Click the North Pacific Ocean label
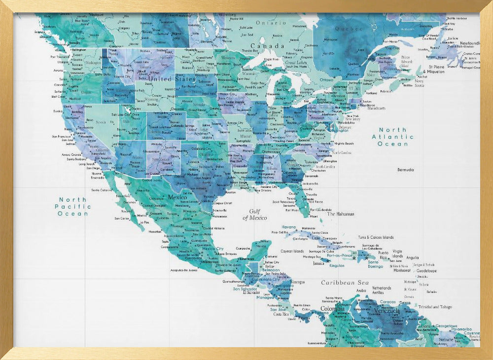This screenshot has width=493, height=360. pyautogui.click(x=73, y=207)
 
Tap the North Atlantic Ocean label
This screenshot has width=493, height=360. pyautogui.click(x=392, y=137)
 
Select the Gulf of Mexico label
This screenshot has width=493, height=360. pyautogui.click(x=255, y=214)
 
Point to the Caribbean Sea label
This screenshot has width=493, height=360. pyautogui.click(x=345, y=283)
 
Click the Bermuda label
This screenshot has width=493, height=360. pyautogui.click(x=406, y=170)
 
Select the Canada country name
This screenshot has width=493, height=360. pyautogui.click(x=271, y=46)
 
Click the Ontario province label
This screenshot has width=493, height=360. pyautogui.click(x=271, y=23)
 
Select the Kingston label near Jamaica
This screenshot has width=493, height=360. pyautogui.click(x=337, y=266)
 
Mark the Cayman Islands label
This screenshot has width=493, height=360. pyautogui.click(x=292, y=251)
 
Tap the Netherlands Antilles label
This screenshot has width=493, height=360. pyautogui.click(x=381, y=290)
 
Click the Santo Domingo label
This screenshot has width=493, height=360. pyautogui.click(x=375, y=264)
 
